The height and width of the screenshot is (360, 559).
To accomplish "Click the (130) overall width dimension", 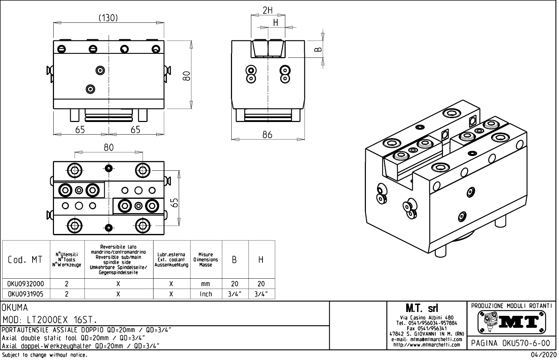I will pyautogui.click(x=108, y=18).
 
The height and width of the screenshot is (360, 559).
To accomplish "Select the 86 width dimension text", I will pyautogui.click(x=267, y=135).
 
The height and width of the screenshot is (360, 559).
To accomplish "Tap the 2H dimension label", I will pyautogui.click(x=267, y=11).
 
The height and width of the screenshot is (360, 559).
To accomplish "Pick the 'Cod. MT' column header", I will pyautogui.click(x=25, y=260).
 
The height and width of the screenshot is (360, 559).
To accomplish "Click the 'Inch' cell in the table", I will pyautogui.click(x=206, y=294).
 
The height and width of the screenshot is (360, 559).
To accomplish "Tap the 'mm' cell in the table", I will pyautogui.click(x=206, y=284).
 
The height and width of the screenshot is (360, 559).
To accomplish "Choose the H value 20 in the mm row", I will pyautogui.click(x=261, y=284).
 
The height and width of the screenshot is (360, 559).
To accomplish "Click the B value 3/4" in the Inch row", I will pyautogui.click(x=235, y=294).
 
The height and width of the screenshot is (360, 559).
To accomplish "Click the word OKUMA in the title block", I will pyautogui.click(x=15, y=308).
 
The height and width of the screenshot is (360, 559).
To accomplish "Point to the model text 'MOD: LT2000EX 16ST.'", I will pyautogui.click(x=50, y=320).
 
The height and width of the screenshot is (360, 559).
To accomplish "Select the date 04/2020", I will pyautogui.click(x=543, y=355).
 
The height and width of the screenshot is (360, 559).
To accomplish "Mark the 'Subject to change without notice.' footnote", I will pyautogui.click(x=45, y=355).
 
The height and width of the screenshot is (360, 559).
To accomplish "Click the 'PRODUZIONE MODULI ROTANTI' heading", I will pyautogui.click(x=512, y=306).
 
